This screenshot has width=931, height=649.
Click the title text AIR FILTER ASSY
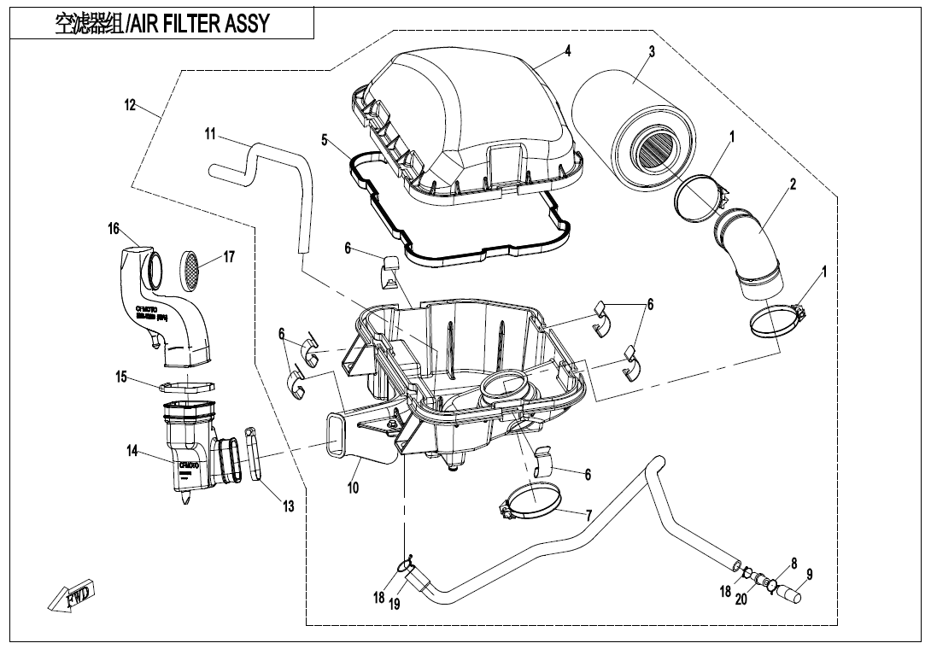[199, 23]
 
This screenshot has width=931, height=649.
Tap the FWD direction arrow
[73, 595]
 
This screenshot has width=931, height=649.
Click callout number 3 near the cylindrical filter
[652, 52]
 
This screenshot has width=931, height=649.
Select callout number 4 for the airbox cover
[567, 50]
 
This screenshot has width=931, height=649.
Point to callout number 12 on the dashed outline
[131, 105]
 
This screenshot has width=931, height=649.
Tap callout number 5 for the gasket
[324, 140]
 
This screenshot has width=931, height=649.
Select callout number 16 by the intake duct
[113, 229]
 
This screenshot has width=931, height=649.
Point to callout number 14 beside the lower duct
[132, 451]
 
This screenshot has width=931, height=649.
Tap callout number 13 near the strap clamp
[289, 506]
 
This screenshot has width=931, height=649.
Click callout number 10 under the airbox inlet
[353, 488]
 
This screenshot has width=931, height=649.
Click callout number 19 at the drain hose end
[395, 604]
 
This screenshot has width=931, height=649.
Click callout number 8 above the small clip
[793, 564]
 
